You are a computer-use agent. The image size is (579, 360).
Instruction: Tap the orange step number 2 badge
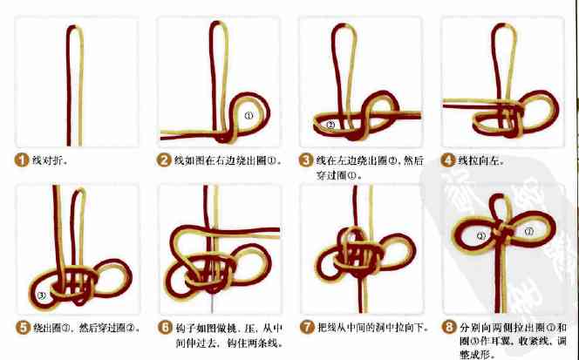[x=163, y=160]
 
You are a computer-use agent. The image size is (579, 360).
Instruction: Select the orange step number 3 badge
[x=305, y=160]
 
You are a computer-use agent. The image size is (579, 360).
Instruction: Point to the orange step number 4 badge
[x=448, y=160]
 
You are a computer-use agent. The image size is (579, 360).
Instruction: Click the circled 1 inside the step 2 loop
[x=249, y=114]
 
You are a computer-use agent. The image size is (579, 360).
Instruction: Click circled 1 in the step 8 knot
[x=532, y=230]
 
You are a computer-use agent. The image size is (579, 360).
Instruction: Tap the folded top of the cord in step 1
[x=70, y=31]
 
